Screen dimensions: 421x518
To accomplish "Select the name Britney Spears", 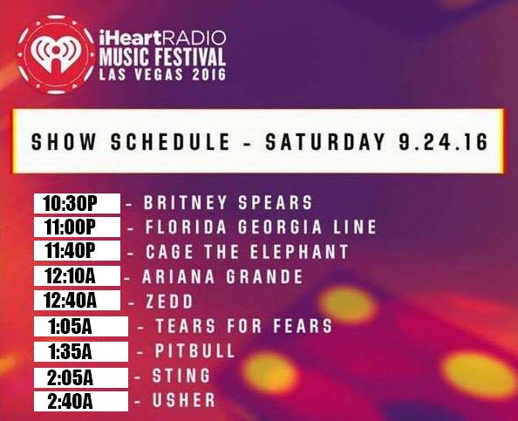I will (228, 203).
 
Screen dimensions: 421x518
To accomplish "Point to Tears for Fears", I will (243, 327).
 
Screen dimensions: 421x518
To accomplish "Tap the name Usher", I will (184, 401).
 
